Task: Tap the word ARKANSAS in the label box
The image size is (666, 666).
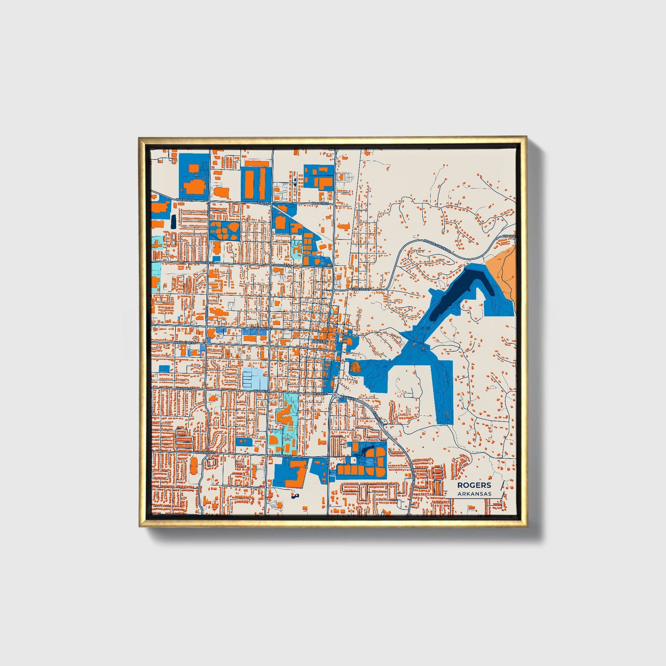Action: [474, 494]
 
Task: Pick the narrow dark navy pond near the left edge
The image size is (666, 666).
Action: [173, 222]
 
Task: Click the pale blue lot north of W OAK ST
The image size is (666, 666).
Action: [255, 379]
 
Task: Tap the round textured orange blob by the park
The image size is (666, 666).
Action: [355, 367]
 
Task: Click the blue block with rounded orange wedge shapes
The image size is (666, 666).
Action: [224, 230]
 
